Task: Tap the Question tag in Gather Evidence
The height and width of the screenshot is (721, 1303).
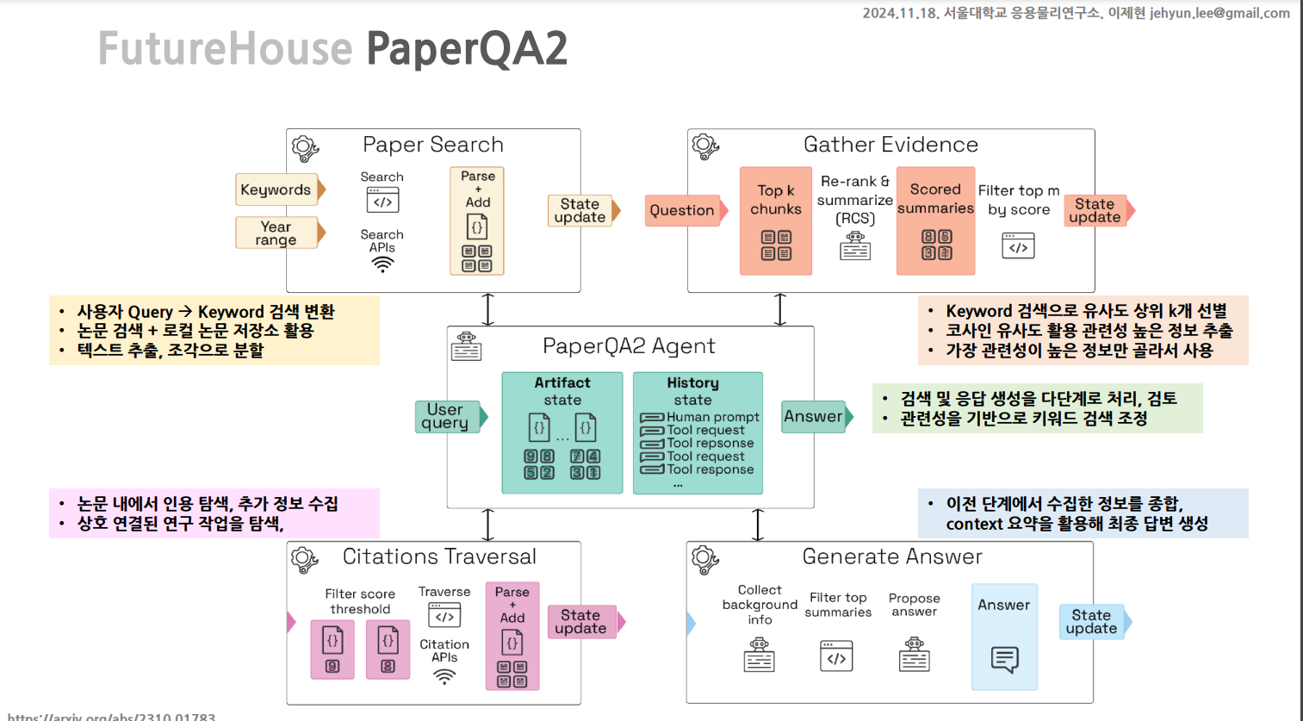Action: [683, 210]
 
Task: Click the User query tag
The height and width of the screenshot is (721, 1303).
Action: [446, 416]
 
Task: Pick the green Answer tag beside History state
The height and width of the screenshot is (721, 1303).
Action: [814, 416]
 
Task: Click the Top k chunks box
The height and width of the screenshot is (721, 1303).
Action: [776, 221]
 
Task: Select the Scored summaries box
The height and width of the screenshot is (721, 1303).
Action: [936, 221]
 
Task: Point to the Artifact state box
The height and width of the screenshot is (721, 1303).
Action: [562, 432]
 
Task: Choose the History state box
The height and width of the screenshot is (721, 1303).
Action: [698, 432]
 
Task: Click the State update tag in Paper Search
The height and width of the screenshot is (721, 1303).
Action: [580, 210]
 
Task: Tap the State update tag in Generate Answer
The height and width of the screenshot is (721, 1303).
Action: [1092, 621]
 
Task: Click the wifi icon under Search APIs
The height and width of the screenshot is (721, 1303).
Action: [382, 265]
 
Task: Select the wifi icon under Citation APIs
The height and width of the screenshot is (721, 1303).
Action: [444, 676]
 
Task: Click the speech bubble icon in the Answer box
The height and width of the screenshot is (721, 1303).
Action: [1005, 659]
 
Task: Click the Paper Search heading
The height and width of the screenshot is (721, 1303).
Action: [433, 145]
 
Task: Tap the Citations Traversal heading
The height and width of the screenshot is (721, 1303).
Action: [439, 556]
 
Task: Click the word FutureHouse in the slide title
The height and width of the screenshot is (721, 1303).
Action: [226, 48]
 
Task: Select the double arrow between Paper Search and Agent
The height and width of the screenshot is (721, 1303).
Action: [488, 309]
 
